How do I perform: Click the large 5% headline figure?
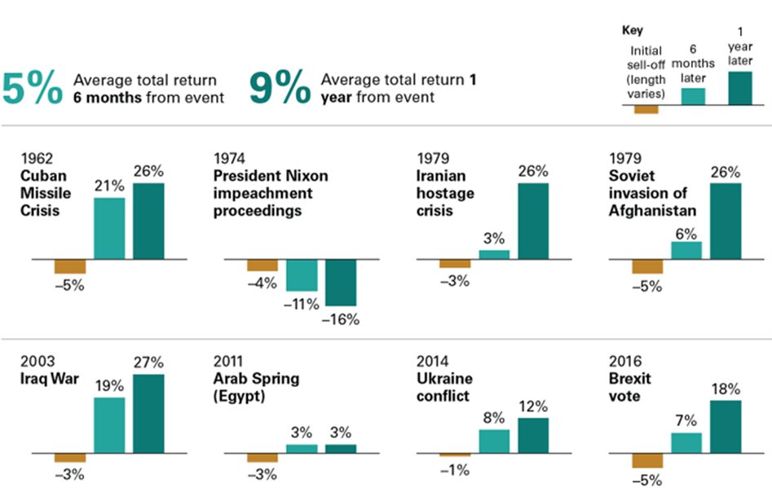pos(33,88)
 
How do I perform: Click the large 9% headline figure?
pos(280,88)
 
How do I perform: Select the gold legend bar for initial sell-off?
pos(646,109)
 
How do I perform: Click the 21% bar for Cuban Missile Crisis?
pos(109,228)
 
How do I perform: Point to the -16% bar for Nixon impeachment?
pos(341,283)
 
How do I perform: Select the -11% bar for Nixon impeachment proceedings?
pos(302,275)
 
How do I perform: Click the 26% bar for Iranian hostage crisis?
pos(533,221)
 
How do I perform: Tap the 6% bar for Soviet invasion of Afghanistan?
pos(686,251)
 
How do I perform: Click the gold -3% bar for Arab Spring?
pos(262,457)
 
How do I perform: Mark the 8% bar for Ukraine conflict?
pos(494,441)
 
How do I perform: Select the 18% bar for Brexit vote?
pos(726,426)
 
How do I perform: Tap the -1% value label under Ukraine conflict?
pos(455,470)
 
